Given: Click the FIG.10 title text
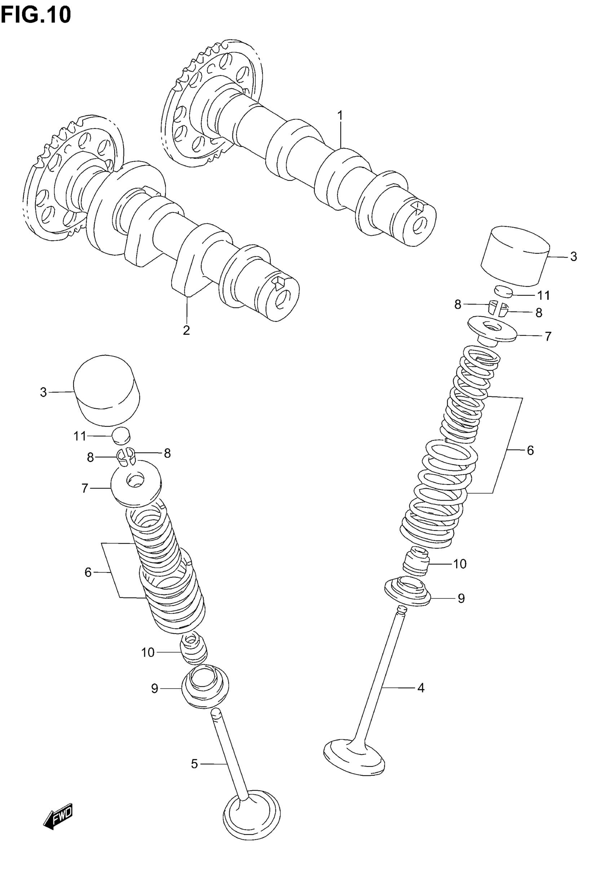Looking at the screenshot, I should point(36,15).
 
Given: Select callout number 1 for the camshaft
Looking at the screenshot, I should point(340,115).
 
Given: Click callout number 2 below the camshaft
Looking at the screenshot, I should point(186,330).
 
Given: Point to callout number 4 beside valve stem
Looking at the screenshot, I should point(420,687).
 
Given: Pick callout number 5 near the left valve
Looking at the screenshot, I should point(194,764).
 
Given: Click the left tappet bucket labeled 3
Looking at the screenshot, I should point(106,390).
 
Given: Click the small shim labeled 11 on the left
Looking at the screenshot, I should point(121,436).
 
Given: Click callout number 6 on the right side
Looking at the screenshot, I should point(530,450).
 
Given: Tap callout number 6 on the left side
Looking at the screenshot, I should point(88,572).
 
